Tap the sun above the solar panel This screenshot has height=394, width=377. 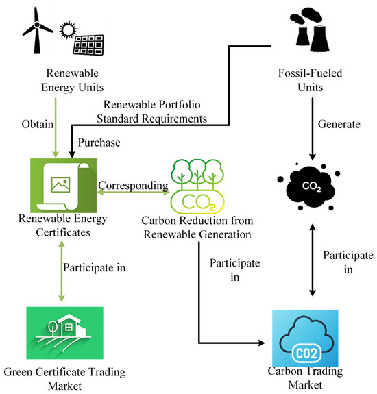tap(68, 30)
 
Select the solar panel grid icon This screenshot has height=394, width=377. tap(88, 45)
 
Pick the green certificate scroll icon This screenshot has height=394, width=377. tap(63, 186)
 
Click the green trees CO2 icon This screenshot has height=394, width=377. tap(197, 186)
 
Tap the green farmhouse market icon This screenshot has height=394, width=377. tap(64, 333)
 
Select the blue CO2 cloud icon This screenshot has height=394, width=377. tap(305, 338)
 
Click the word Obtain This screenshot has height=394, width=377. tap(38, 124)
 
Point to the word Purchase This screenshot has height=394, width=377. tap(99, 143)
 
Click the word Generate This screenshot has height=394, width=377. tap(339, 124)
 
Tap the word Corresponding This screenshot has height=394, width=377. tap(133, 186)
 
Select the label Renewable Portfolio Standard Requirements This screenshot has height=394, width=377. tap(152, 112)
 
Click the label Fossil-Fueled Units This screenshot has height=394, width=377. tap(310, 80)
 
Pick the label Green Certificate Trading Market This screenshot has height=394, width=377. tap(64, 379)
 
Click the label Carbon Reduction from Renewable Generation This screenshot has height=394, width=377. tap(197, 227)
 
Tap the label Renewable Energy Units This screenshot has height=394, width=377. tap(73, 80)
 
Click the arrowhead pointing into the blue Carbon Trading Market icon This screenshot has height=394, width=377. tap(262, 343)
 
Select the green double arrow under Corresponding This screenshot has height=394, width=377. tap(133, 193)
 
